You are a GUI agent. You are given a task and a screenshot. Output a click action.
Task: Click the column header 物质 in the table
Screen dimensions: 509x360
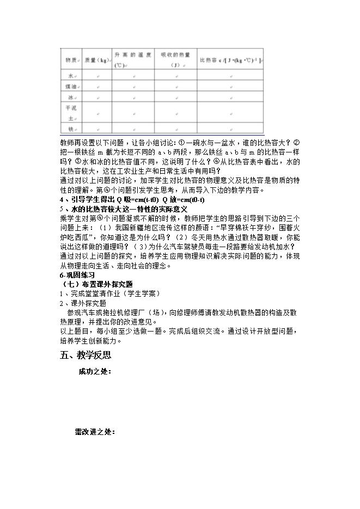pyautogui.click(x=70, y=60)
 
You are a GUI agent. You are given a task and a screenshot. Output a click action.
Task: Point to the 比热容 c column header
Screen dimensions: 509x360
pyautogui.click(x=231, y=60)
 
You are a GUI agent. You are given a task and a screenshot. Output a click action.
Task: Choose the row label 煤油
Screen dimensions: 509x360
pyautogui.click(x=70, y=87)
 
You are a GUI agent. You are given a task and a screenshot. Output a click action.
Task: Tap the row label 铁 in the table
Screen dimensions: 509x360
pyautogui.click(x=70, y=129)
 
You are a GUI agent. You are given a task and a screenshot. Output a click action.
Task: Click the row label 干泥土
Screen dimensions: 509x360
pyautogui.click(x=70, y=113)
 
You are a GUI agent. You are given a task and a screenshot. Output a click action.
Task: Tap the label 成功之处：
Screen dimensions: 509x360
pyautogui.click(x=95, y=372)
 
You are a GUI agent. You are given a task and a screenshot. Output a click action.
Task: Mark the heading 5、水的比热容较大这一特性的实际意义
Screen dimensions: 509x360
pyautogui.click(x=124, y=208)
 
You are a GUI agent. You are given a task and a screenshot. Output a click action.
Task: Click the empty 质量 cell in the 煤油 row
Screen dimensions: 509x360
pyautogui.click(x=97, y=87)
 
